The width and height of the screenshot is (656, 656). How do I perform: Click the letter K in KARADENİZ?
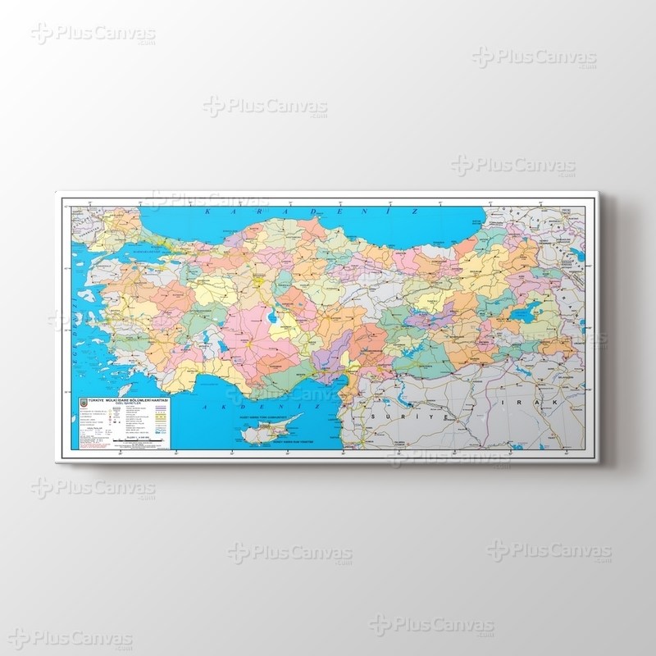(x=207, y=212)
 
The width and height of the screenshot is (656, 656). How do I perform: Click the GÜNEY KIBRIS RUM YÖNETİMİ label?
(x=287, y=443)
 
